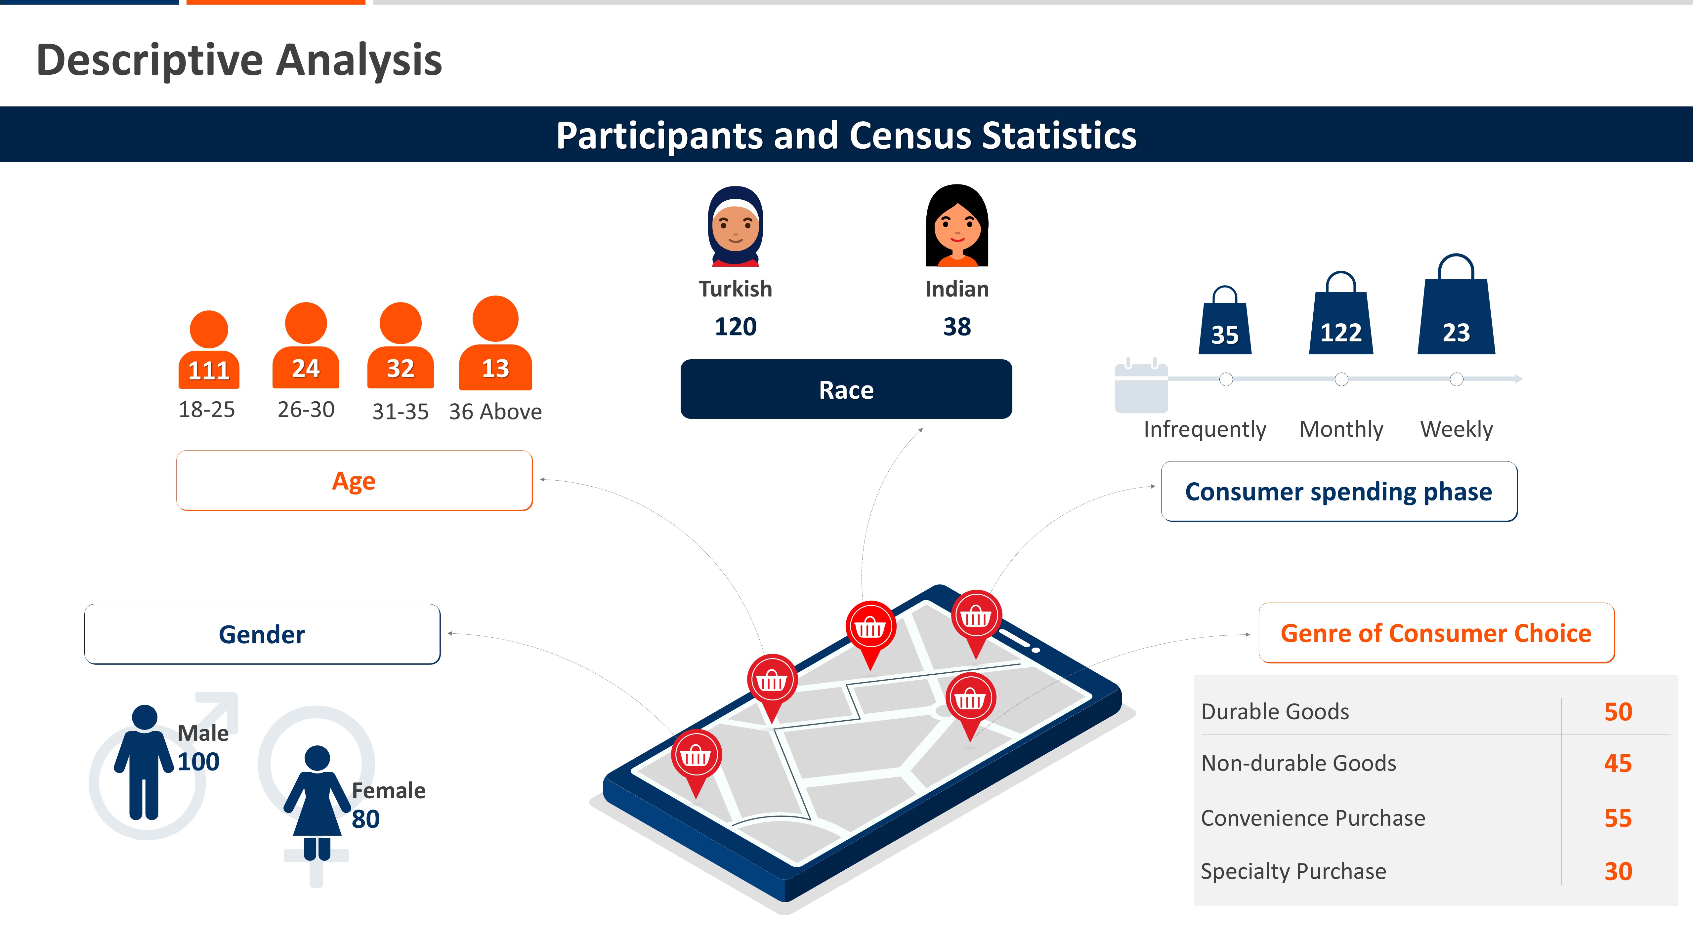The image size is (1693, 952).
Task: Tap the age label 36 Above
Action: click(x=495, y=412)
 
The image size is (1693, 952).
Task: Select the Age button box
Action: click(x=354, y=480)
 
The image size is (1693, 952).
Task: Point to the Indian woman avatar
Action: click(x=957, y=225)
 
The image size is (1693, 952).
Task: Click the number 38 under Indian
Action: click(x=957, y=327)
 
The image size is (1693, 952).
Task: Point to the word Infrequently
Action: click(x=1205, y=429)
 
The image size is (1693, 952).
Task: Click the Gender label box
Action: click(x=262, y=634)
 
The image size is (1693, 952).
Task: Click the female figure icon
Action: click(x=317, y=803)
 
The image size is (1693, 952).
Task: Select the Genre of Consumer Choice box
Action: click(x=1437, y=633)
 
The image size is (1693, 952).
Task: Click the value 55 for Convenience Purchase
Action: click(x=1618, y=818)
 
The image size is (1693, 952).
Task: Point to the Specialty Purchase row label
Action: click(x=1293, y=871)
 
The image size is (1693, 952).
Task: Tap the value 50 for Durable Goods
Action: click(x=1618, y=712)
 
